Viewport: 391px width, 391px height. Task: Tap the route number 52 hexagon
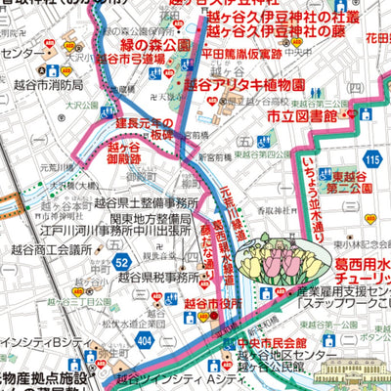120,262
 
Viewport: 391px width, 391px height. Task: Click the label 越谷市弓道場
132,59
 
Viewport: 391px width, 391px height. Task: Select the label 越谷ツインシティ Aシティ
177,376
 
